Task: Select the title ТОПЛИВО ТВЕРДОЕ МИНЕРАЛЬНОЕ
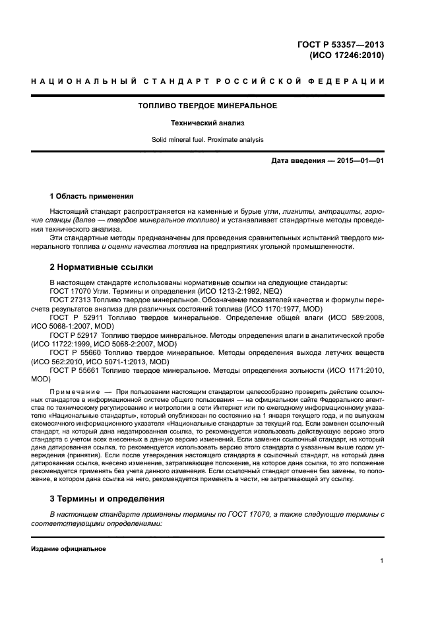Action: coord(207,106)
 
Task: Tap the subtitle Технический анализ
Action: coord(207,123)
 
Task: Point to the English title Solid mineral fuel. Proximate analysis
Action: coord(207,140)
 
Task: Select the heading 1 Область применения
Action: coord(92,196)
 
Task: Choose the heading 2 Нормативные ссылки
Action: coord(102,267)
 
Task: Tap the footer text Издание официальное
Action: coord(69,549)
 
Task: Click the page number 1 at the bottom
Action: coord(382,561)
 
